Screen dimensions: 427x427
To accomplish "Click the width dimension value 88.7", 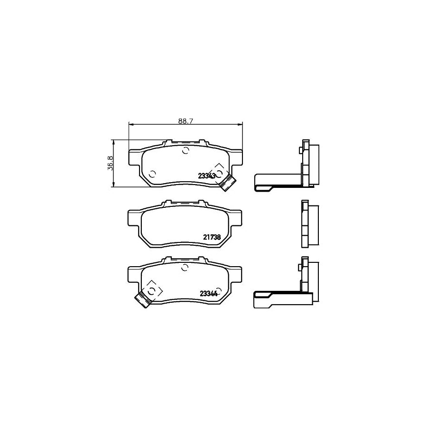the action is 186,121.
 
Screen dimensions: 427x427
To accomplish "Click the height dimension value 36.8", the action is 111,163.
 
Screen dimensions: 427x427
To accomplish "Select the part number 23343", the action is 207,176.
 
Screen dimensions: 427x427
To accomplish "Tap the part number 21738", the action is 212,237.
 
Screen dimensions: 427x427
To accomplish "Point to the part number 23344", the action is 209,294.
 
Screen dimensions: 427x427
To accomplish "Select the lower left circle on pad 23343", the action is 152,174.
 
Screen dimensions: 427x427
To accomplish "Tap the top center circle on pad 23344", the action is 185,268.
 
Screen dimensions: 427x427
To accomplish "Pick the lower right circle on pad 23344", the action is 220,290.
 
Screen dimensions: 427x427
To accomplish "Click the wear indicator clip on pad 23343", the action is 227,183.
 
